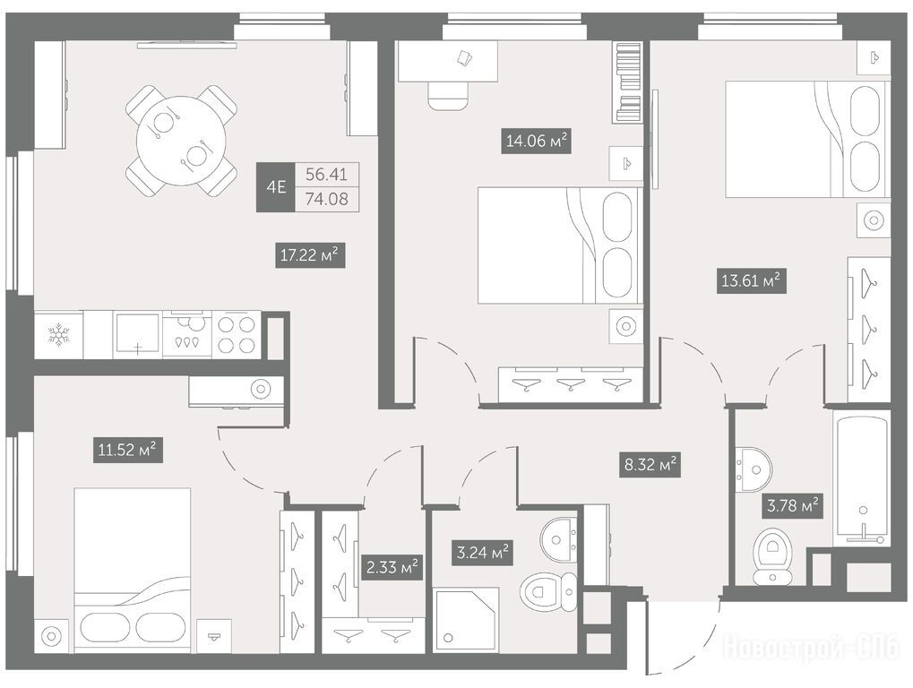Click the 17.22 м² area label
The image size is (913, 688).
pyautogui.click(x=310, y=255)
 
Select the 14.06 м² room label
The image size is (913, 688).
pyautogui.click(x=537, y=141)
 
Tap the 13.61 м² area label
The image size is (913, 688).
pyautogui.click(x=751, y=281)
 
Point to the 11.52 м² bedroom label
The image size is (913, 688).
pyautogui.click(x=127, y=450)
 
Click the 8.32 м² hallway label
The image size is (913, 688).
pyautogui.click(x=650, y=464)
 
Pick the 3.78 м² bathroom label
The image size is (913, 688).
pyautogui.click(x=792, y=505)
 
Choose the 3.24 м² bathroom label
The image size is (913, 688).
pyautogui.click(x=482, y=552)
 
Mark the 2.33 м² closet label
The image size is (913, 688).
pyautogui.click(x=392, y=566)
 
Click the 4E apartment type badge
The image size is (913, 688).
pyautogui.click(x=276, y=187)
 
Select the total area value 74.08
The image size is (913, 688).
pyautogui.click(x=327, y=200)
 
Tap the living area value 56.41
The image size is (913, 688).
pyautogui.click(x=327, y=174)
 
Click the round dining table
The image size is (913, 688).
pyautogui.click(x=181, y=141)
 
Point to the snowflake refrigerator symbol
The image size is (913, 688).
pyautogui.click(x=58, y=335)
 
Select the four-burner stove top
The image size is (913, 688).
pyautogui.click(x=237, y=335)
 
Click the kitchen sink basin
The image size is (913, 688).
pyautogui.click(x=137, y=333)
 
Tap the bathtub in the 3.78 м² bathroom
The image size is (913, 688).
pyautogui.click(x=862, y=477)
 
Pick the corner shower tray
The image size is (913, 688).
pyautogui.click(x=466, y=620)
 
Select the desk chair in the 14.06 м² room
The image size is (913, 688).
pyautogui.click(x=448, y=95)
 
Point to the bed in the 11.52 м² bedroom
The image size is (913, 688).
pyautogui.click(x=133, y=571)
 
